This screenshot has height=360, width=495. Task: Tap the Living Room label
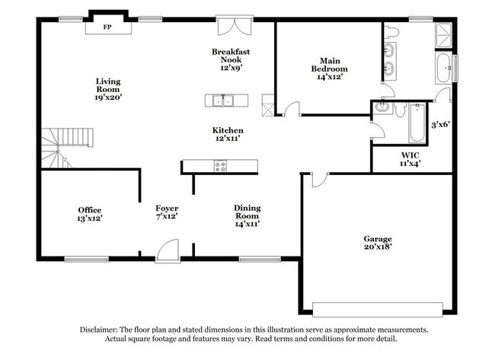tap(108, 89)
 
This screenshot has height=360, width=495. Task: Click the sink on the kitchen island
tap(225, 100)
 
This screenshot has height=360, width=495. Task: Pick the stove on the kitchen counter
tap(220, 165)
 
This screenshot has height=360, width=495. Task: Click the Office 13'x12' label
tap(89, 214)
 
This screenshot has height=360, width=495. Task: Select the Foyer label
tap(167, 212)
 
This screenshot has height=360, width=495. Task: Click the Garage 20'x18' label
tap(378, 242)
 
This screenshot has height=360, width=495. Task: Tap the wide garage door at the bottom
tap(378, 310)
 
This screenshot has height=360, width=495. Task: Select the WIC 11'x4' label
tap(410, 159)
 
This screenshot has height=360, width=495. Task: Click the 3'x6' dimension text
tap(441, 125)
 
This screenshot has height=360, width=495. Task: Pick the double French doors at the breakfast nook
tap(231, 27)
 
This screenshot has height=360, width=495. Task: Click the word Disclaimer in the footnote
tap(101, 330)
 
